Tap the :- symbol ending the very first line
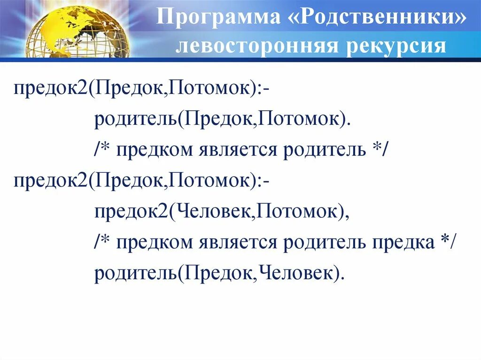pyautogui.click(x=263, y=89)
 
